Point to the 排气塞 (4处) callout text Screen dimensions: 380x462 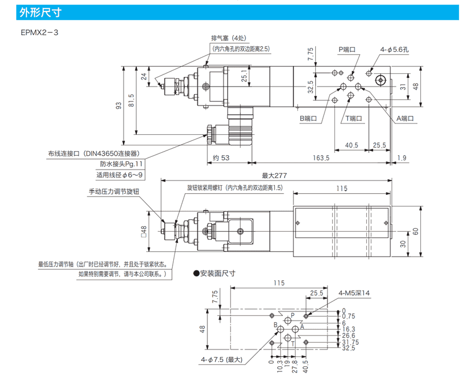(230, 39)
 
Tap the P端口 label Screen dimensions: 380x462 (348, 50)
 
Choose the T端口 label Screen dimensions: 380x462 (354, 118)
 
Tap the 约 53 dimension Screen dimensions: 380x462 (221, 157)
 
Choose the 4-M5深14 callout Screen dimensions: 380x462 (354, 293)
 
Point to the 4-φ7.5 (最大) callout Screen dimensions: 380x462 (222, 360)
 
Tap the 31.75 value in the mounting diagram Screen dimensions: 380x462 (349, 342)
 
